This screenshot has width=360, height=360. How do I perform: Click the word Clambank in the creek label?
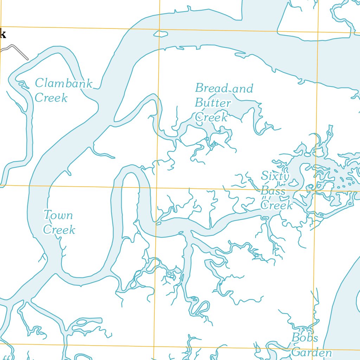(x=64, y=84)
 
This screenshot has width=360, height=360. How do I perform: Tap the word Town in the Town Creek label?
(x=58, y=215)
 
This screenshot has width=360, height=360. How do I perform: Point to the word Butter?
(x=213, y=103)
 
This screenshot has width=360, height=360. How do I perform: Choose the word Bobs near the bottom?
(x=305, y=338)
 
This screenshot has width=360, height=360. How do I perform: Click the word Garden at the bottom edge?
(x=311, y=352)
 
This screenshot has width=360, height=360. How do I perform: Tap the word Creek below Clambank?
(x=51, y=97)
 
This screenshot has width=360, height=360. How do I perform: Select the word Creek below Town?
(x=59, y=230)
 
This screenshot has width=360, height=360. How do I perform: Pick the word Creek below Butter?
(x=211, y=117)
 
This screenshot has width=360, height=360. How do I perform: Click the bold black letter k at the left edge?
(x=3, y=34)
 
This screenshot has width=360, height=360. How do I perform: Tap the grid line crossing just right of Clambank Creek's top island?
(x=160, y=29)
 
